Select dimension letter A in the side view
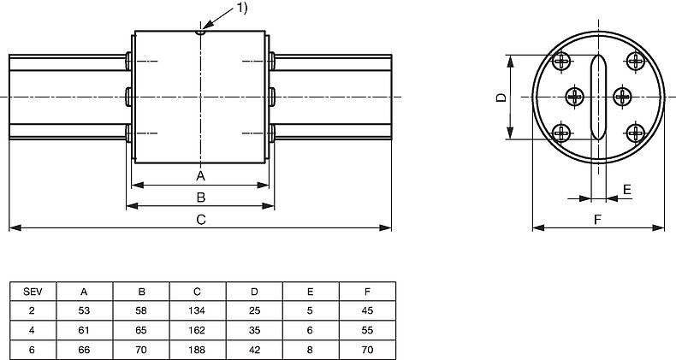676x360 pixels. point(200,176)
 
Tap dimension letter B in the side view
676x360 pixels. point(200,198)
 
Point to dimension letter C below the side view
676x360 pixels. point(200,220)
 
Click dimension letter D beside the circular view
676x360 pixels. point(501,97)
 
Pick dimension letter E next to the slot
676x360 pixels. point(626,188)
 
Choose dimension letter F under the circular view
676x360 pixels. point(597,220)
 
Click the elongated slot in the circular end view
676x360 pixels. point(598,97)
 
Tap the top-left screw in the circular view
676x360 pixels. point(561,62)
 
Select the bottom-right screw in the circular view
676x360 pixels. point(635,132)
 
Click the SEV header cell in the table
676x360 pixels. point(33,292)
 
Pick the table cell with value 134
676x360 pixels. point(198,310)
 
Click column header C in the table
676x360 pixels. point(198,292)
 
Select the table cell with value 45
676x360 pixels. point(367,310)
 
